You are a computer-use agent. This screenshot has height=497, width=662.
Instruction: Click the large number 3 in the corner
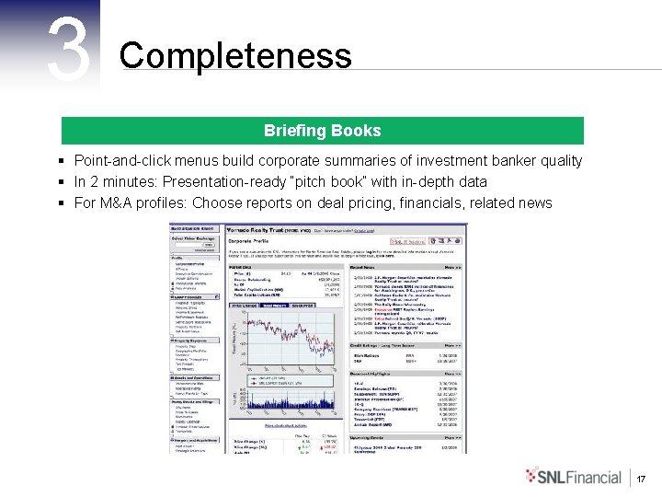click(70, 51)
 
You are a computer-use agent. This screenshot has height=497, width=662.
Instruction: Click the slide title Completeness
click(235, 56)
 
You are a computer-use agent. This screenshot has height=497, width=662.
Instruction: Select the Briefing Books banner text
click(322, 131)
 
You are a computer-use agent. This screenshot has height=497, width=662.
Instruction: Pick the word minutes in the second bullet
click(142, 181)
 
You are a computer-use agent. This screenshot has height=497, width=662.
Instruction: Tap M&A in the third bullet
click(117, 202)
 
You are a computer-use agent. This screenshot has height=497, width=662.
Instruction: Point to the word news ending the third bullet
click(535, 202)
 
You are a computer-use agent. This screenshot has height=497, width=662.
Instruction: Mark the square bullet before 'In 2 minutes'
click(60, 181)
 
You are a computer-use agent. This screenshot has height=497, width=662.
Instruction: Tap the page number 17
click(642, 479)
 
